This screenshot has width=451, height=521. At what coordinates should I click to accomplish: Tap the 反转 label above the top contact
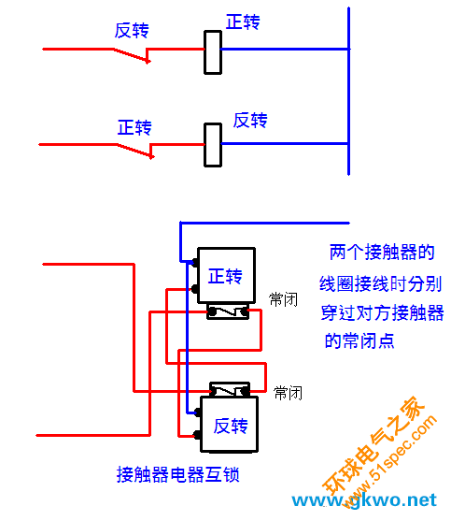132,31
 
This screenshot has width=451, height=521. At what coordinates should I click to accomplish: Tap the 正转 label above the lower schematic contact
134,127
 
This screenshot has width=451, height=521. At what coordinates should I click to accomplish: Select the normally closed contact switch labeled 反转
132,55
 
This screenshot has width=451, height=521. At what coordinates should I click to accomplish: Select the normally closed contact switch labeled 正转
135,151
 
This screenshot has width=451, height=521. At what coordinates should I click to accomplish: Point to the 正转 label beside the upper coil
243,22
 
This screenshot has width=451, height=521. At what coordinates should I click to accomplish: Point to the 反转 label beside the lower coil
250,121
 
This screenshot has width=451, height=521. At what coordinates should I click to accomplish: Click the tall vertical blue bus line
348,91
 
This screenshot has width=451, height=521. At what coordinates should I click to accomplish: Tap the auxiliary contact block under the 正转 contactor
228,311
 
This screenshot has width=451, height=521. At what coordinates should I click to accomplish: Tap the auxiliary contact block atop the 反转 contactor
230,389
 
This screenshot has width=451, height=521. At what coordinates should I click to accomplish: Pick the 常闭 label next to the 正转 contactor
283,299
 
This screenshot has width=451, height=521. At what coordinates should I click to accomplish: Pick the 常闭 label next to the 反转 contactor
288,393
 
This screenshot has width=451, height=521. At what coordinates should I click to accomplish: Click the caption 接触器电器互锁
177,474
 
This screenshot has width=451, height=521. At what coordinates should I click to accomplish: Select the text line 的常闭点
359,340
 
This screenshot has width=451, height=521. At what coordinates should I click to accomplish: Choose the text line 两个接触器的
382,253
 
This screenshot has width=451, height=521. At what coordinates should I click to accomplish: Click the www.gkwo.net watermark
364,499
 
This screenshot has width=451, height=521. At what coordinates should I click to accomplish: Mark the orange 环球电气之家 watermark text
374,445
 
